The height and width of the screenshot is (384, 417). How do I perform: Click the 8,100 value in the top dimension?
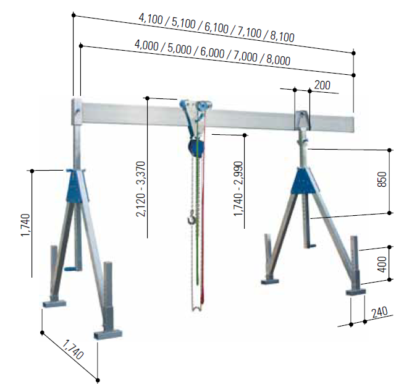[282, 37]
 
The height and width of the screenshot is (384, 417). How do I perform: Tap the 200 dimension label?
[322, 85]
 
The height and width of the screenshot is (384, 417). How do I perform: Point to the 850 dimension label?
[382, 179]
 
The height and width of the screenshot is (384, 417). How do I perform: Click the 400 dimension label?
[382, 264]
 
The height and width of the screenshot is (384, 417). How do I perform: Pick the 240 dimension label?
[379, 312]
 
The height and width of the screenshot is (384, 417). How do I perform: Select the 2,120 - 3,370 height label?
[141, 189]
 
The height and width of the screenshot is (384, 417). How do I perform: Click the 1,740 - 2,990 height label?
[238, 189]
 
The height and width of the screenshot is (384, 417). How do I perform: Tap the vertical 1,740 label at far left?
[25, 225]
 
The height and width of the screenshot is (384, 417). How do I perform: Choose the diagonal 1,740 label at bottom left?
[73, 349]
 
